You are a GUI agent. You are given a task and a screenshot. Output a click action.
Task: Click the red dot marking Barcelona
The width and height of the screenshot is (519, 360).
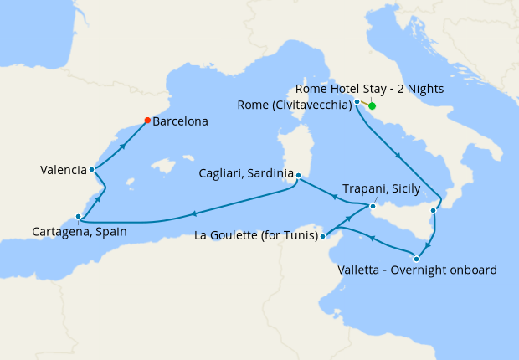click(x=147, y=121)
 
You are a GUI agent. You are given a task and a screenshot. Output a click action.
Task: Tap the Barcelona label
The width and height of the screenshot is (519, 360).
click(x=181, y=121)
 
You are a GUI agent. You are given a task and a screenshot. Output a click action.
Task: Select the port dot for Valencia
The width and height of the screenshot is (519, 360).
click(x=91, y=170)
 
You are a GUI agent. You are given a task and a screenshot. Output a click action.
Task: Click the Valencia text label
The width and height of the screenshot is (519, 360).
click(x=63, y=170)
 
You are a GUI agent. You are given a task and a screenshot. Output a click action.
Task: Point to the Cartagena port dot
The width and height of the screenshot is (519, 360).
click(x=78, y=217)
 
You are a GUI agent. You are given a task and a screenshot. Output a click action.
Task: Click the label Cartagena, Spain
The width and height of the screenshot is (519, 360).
click(x=80, y=231)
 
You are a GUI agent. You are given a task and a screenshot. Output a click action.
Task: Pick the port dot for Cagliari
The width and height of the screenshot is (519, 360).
click(x=297, y=175)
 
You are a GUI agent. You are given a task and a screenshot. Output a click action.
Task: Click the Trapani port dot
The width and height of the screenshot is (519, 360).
click(x=373, y=205)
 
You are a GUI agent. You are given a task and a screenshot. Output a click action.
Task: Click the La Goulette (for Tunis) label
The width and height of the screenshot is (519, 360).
click(x=256, y=236)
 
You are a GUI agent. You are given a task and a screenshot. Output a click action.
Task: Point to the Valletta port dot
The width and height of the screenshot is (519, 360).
click(x=416, y=259)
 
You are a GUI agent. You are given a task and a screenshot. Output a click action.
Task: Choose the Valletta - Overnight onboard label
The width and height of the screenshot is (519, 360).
click(x=418, y=270)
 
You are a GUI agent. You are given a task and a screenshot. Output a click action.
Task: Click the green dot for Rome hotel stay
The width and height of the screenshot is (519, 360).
click(x=372, y=106)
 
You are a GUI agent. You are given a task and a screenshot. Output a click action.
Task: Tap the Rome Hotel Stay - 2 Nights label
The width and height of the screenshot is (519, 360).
click(x=369, y=89)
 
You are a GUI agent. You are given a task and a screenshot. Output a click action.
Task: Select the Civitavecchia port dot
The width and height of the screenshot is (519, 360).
click(x=357, y=102)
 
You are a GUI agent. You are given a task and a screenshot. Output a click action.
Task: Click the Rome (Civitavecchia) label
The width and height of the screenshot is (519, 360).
click(x=294, y=105)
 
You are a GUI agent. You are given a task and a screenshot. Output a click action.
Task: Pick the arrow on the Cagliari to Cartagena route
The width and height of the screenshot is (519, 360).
click(x=194, y=213)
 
